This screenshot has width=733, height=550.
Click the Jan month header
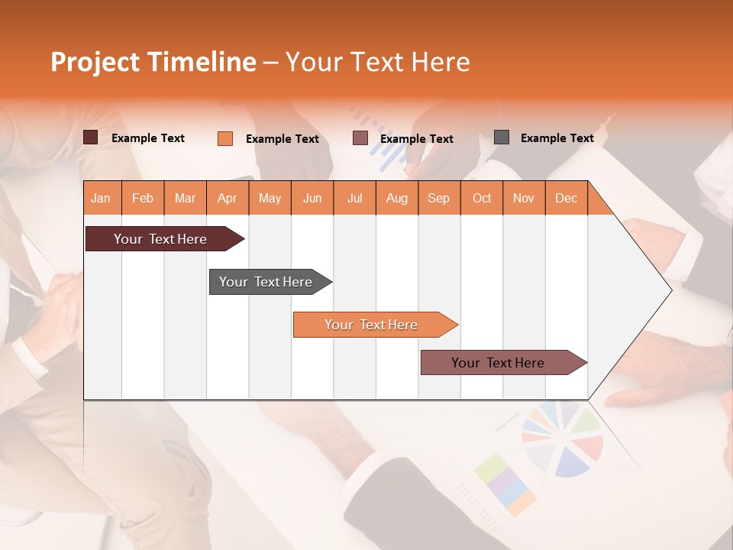tap(102, 198)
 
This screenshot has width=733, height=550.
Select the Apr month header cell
tap(228, 198)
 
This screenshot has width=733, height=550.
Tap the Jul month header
tap(354, 198)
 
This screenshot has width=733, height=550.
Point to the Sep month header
tap(438, 198)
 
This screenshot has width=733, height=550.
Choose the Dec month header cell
tap(566, 198)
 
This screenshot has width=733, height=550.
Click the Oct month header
tap(481, 198)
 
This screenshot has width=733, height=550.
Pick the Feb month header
tap(143, 198)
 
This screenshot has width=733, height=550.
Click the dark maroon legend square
tap(90, 137)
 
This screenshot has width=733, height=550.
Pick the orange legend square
tap(224, 138)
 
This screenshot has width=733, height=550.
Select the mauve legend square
tap(360, 138)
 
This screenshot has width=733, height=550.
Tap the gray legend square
tap(501, 137)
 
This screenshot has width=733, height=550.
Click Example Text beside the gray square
tap(557, 138)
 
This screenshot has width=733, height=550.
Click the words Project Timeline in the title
tap(153, 62)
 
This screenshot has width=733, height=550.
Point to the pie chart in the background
tap(562, 439)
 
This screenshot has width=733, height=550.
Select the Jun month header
tap(312, 198)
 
